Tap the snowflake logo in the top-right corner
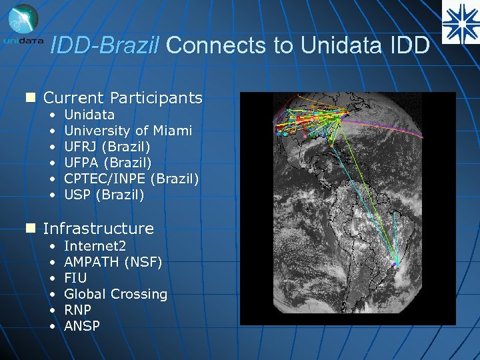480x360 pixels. coord(461,21)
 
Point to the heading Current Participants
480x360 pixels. coord(123,98)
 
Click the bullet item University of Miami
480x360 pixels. coord(128,131)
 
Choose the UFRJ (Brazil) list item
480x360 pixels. coord(107,147)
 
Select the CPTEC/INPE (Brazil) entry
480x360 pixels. coord(131,179)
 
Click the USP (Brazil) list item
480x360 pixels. coord(104,195)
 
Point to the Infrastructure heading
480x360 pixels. coord(98,229)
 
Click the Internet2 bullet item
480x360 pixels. coord(94,245)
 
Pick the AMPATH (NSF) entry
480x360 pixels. coord(113,261)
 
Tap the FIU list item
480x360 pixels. coord(75,277)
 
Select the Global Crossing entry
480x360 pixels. coord(115,294)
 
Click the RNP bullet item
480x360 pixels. coord(77,310)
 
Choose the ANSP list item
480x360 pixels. coord(82,326)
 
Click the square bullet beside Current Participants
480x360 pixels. coord(29,98)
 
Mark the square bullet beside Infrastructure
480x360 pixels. coord(29,229)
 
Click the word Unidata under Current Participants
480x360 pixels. coord(89,115)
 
